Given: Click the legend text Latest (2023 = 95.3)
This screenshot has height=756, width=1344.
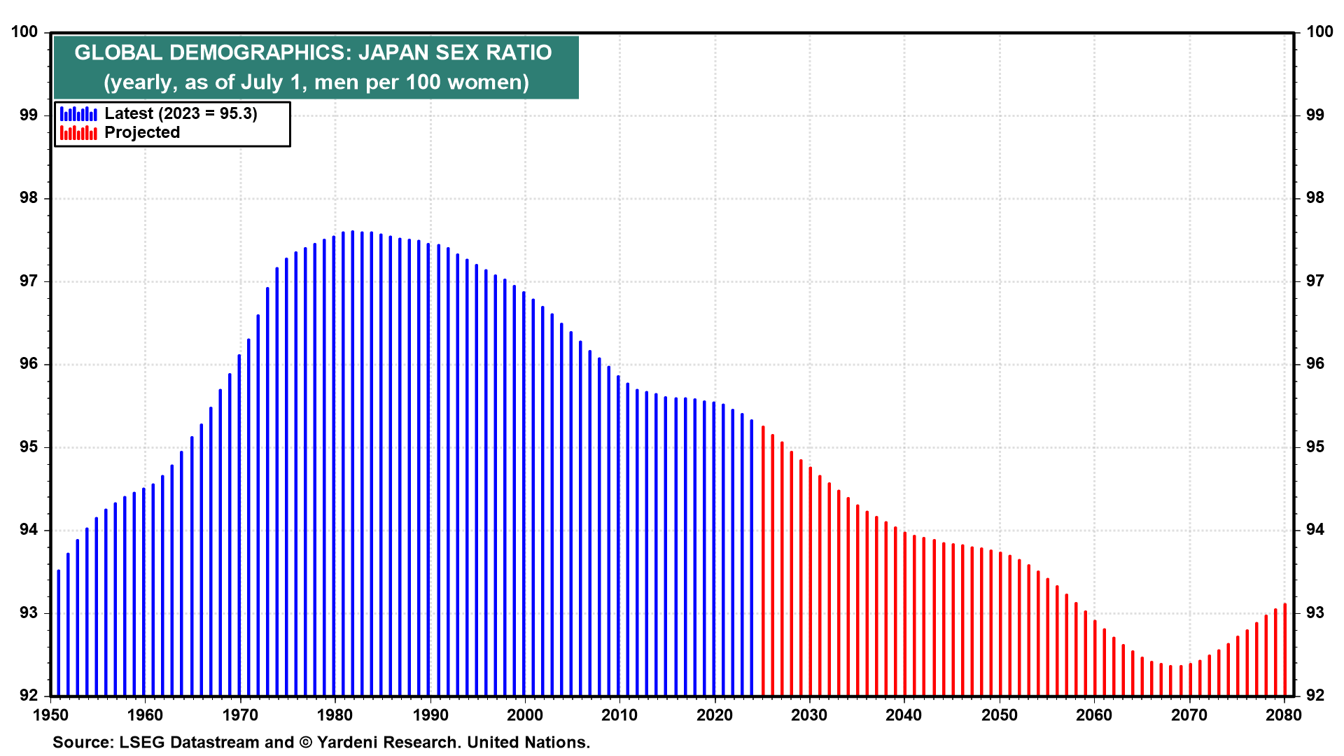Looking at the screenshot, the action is tap(181, 113).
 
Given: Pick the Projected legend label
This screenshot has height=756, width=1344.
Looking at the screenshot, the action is tap(142, 132).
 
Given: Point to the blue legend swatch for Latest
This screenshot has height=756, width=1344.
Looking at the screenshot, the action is tap(78, 113).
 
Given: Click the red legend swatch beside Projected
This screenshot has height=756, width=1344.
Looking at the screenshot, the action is tap(78, 132).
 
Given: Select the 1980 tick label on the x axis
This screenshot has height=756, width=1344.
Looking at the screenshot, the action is tap(335, 715).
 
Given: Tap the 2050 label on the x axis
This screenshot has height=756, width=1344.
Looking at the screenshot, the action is tap(999, 715).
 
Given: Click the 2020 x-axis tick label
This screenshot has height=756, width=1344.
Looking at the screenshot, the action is tap(714, 715).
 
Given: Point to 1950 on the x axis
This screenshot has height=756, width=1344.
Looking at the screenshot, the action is tap(50, 715).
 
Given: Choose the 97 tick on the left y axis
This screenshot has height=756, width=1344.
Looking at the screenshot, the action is tap(28, 281).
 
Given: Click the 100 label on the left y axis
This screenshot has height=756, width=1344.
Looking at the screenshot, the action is tap(24, 31).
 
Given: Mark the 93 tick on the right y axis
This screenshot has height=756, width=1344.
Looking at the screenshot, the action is tap(1315, 613).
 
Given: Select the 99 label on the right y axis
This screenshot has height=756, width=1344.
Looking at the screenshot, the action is tap(1315, 115).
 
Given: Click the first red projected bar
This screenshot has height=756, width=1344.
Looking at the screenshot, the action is tap(763, 561).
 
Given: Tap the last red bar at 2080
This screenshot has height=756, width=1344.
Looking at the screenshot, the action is tap(1284, 650).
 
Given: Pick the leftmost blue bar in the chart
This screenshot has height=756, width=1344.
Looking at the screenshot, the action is tap(59, 633).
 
